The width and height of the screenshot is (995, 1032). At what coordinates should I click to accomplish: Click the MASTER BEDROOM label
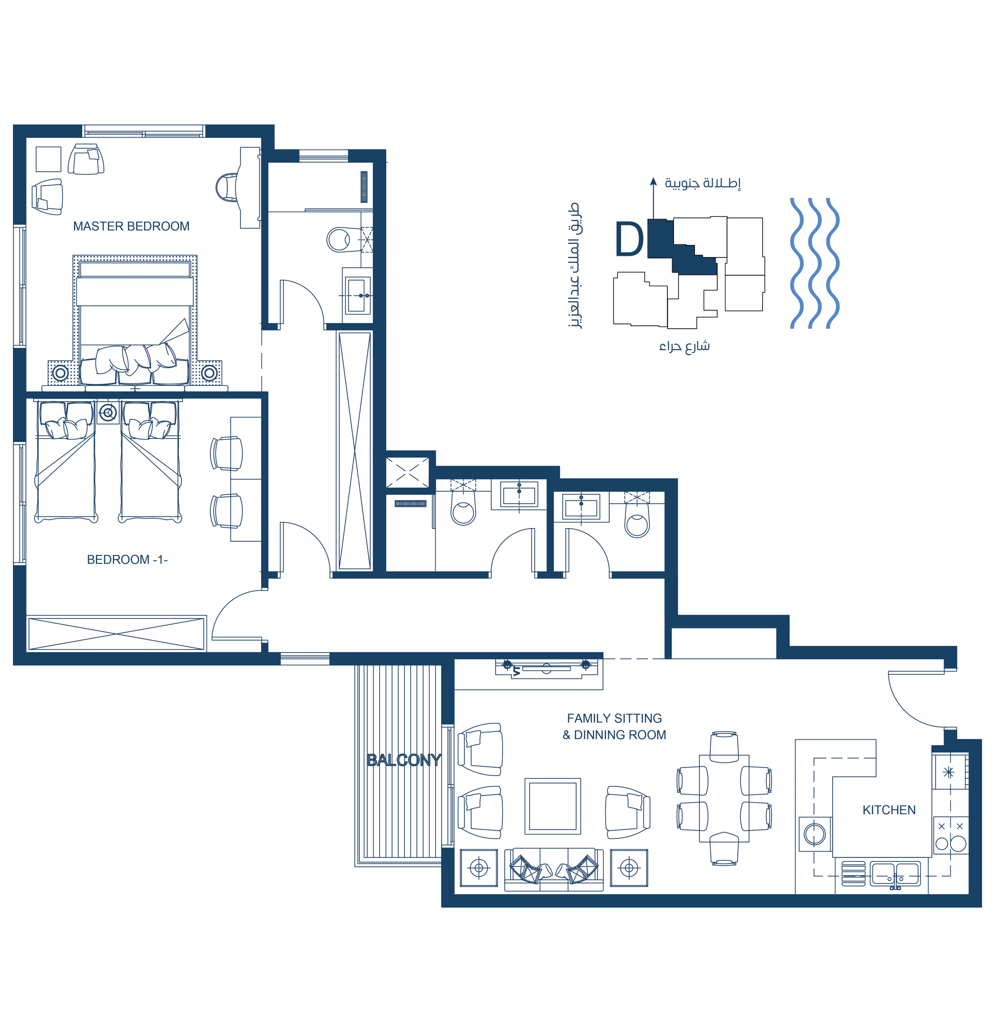click(131, 227)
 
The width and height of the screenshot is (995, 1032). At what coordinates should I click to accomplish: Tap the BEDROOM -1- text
click(127, 560)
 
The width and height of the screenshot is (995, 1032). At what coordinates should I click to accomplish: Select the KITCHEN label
click(889, 810)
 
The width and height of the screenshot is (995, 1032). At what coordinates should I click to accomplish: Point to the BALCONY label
click(404, 760)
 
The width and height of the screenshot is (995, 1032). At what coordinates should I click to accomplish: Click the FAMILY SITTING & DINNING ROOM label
click(615, 726)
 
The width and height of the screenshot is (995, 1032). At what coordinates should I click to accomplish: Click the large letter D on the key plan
click(629, 239)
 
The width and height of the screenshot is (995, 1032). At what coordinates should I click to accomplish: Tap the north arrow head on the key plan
click(653, 182)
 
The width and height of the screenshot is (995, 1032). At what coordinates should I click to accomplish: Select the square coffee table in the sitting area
click(553, 806)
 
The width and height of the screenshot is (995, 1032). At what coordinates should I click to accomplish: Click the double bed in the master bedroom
click(135, 321)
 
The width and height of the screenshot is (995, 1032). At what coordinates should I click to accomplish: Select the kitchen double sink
click(895, 874)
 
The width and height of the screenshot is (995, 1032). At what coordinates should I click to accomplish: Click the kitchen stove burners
click(950, 836)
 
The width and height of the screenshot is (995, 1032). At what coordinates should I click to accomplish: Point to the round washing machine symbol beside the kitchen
click(814, 834)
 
